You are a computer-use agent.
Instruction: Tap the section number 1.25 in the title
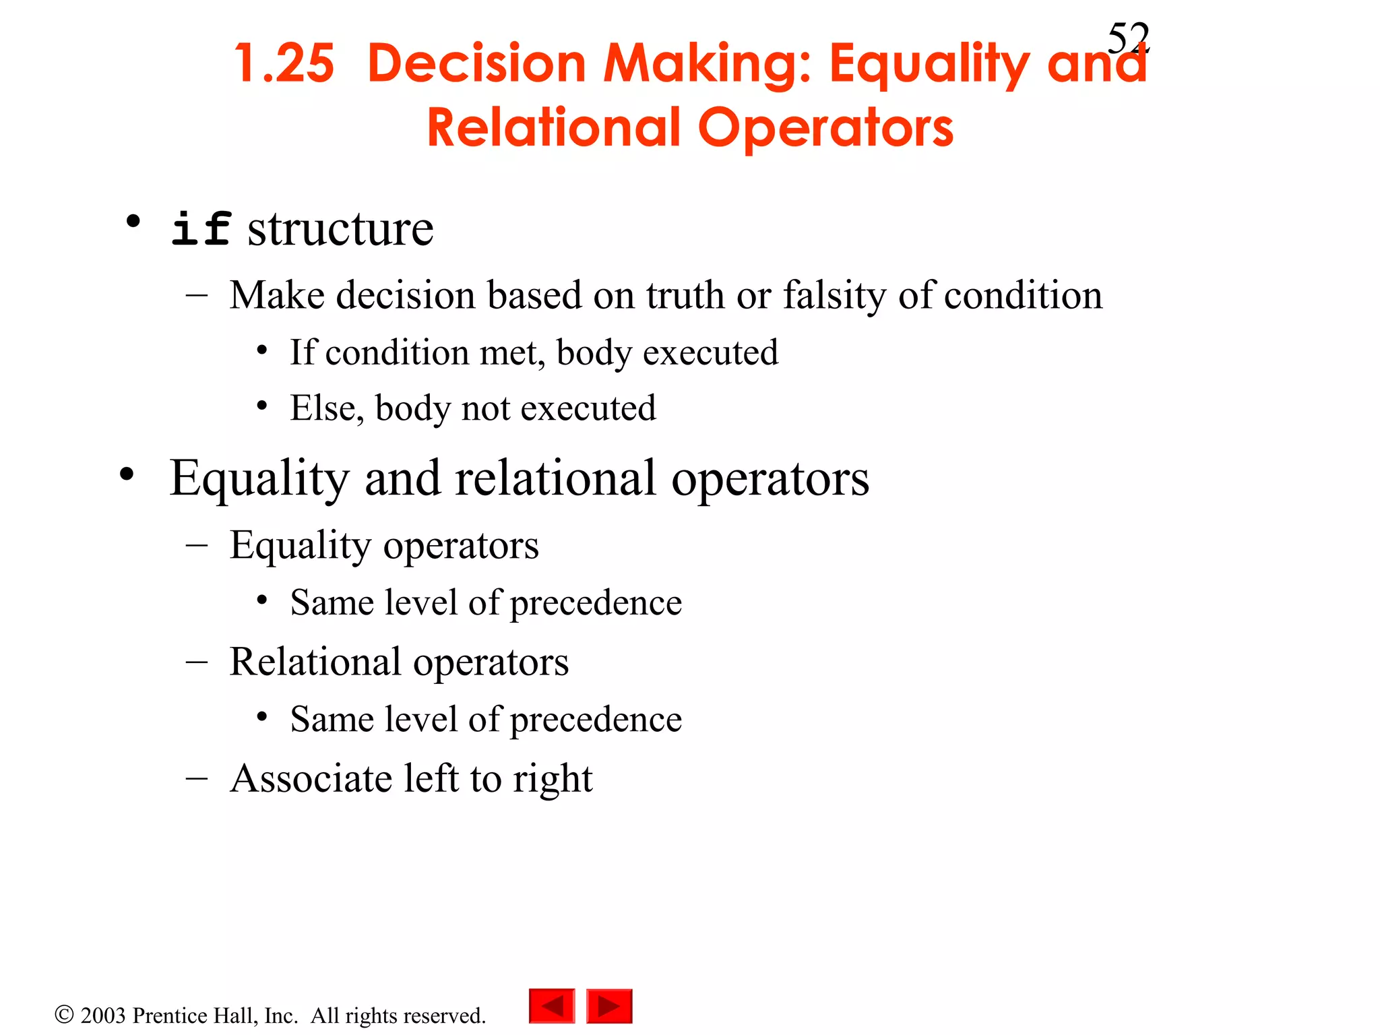click(x=284, y=64)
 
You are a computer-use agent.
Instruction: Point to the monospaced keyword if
click(x=201, y=229)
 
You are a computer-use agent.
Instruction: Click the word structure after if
click(x=340, y=229)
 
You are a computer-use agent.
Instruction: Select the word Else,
click(x=327, y=408)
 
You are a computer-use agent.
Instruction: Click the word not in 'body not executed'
click(x=485, y=408)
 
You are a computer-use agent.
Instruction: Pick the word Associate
click(x=311, y=778)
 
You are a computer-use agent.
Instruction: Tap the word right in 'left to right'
click(x=552, y=780)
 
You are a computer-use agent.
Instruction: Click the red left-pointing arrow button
click(x=552, y=1006)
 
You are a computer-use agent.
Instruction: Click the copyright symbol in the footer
click(x=64, y=1015)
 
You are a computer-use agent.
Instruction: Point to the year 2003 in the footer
click(x=103, y=1015)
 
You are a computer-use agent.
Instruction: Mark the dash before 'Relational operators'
click(x=196, y=662)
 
